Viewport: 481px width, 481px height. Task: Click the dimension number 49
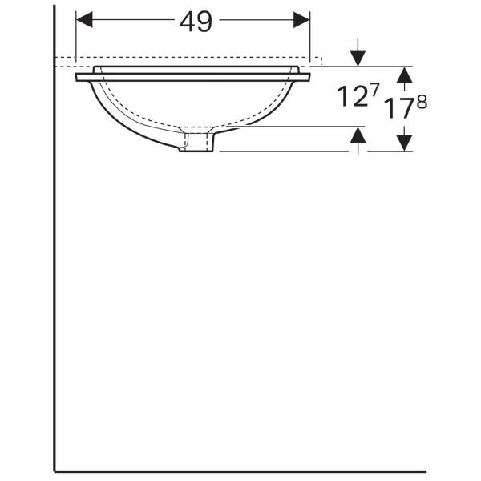(196, 22)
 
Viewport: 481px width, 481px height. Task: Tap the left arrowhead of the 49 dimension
(84, 20)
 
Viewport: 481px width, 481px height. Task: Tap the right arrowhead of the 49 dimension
(301, 20)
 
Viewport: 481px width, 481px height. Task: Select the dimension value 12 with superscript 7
(358, 95)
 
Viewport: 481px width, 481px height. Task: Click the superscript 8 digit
(422, 102)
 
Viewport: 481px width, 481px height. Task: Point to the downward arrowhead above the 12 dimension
(358, 58)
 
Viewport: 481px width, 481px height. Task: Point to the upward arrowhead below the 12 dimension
(358, 135)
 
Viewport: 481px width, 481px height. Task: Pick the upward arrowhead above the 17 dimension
(404, 75)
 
